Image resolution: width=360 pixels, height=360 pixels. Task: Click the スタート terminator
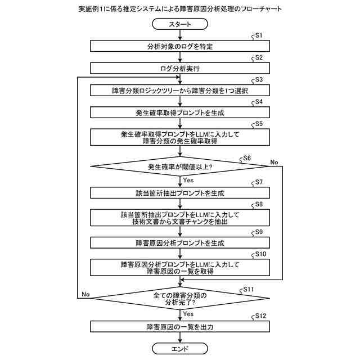[x=180, y=24]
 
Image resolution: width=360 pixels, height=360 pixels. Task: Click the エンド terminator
[x=180, y=349]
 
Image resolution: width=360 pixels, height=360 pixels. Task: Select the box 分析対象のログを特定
[x=180, y=46]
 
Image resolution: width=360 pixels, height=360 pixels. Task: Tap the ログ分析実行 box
[x=180, y=68]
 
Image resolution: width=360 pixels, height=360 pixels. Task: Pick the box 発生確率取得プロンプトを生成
[x=180, y=112]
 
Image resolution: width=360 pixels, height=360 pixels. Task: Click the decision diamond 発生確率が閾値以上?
[x=180, y=166]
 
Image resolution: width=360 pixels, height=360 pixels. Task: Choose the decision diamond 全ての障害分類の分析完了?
[x=180, y=299]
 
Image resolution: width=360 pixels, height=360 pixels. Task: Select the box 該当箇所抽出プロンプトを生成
[x=180, y=193]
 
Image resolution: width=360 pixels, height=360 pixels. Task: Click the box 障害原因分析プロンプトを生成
[x=180, y=243]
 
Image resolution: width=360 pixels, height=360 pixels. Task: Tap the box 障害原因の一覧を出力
[x=180, y=326]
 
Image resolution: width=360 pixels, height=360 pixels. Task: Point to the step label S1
[x=259, y=35]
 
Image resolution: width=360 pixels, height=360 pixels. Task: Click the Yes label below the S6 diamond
[x=188, y=180]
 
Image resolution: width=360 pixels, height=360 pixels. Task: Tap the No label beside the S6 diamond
[x=274, y=162]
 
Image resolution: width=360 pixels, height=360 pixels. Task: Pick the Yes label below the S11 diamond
[x=188, y=314]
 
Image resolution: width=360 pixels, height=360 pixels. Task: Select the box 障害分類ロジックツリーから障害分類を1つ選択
[x=180, y=91]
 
